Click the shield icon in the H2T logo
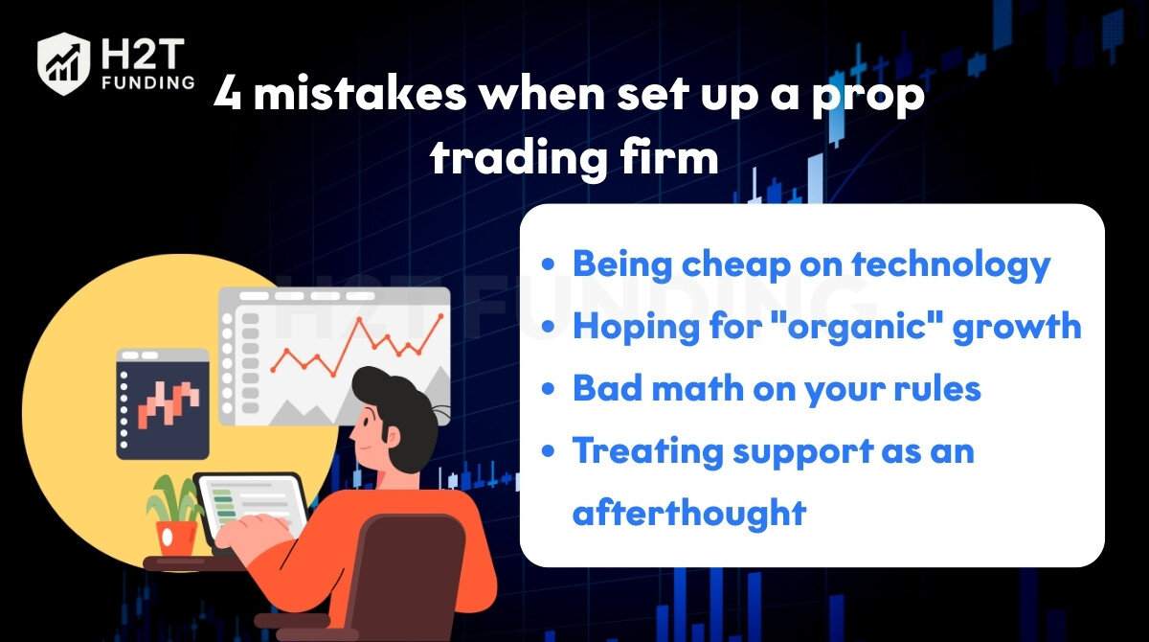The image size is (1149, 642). pos(63,63)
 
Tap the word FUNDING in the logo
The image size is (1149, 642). pos(148,82)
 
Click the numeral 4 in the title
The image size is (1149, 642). pos(227,93)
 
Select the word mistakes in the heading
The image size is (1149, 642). pos(360,93)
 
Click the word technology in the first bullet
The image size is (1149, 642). pos(951,264)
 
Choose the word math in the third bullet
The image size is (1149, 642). pos(697,388)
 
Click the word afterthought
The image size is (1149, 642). pos(689,512)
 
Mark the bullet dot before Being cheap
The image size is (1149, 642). pos(548,264)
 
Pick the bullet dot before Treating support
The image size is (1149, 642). pos(548,451)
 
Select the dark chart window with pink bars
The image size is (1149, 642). pos(163,403)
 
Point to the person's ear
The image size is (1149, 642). pos(392,436)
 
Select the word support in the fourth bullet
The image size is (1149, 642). pos(803,452)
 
